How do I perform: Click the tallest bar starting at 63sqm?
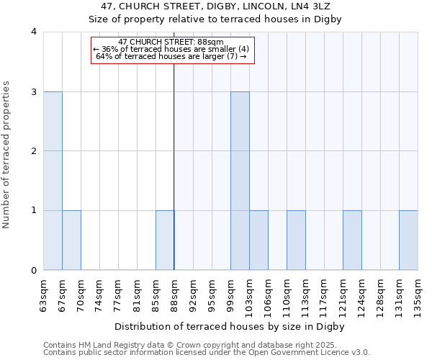pyautogui.click(x=53, y=181)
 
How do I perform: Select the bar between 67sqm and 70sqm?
pyautogui.click(x=71, y=240)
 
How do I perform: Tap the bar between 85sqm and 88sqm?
pyautogui.click(x=165, y=240)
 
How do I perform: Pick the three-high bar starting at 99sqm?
pyautogui.click(x=240, y=181)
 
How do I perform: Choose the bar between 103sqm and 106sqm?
pyautogui.click(x=258, y=240)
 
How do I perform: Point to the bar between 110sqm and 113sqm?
pyautogui.click(x=296, y=240)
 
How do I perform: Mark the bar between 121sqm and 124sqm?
pyautogui.click(x=352, y=240)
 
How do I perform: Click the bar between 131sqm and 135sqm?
pyautogui.click(x=408, y=240)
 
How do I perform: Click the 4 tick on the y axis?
pyautogui.click(x=33, y=32)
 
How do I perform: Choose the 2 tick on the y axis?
pyautogui.click(x=33, y=151)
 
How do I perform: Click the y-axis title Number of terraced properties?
pyautogui.click(x=6, y=155)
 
